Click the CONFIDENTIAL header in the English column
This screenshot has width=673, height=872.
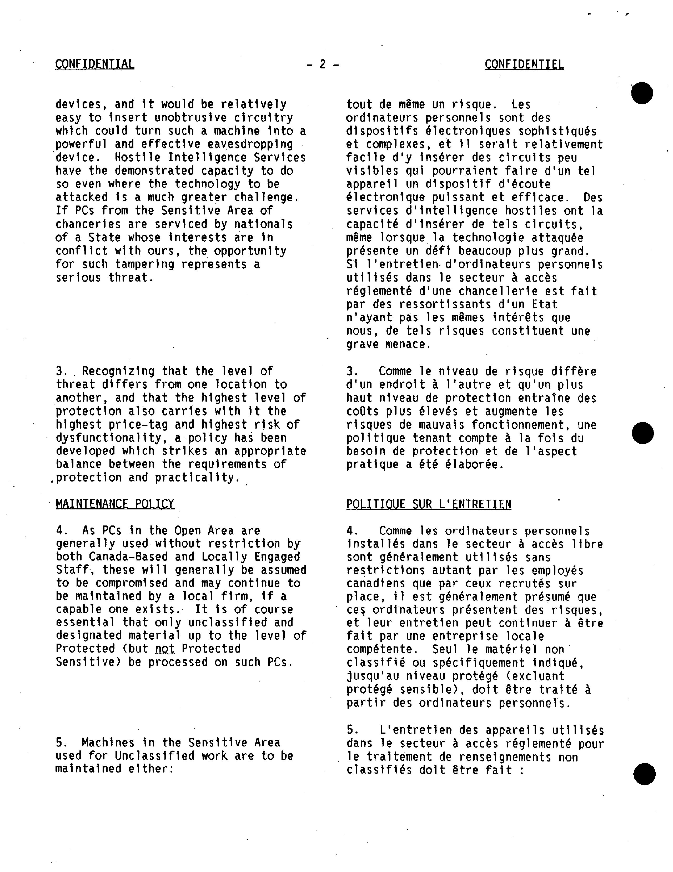click(x=95, y=64)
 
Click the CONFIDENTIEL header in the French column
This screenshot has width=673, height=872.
click(x=524, y=64)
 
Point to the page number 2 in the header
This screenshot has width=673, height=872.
click(x=323, y=64)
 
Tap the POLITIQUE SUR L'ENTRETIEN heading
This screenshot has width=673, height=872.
click(x=428, y=504)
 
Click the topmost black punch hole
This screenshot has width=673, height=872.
click(x=642, y=93)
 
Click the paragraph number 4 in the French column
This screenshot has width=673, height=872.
click(x=350, y=531)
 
